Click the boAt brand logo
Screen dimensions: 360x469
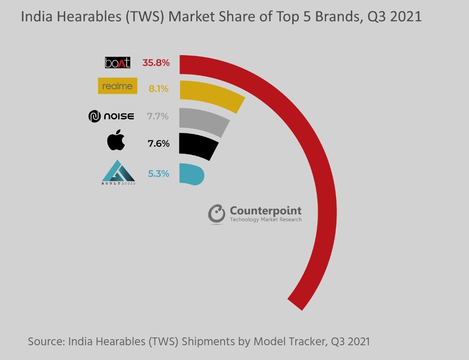[117, 63]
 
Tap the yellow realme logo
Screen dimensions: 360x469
[117, 86]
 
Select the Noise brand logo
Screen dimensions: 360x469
[111, 116]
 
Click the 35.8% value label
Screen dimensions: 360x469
[156, 63]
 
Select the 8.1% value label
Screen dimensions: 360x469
[159, 89]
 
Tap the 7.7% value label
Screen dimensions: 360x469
[158, 116]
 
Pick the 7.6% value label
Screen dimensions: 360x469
[159, 143]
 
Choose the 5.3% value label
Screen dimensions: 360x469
[159, 174]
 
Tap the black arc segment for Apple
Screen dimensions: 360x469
[198, 145]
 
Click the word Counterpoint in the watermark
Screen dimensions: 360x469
[265, 211]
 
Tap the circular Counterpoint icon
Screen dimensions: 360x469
[217, 214]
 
